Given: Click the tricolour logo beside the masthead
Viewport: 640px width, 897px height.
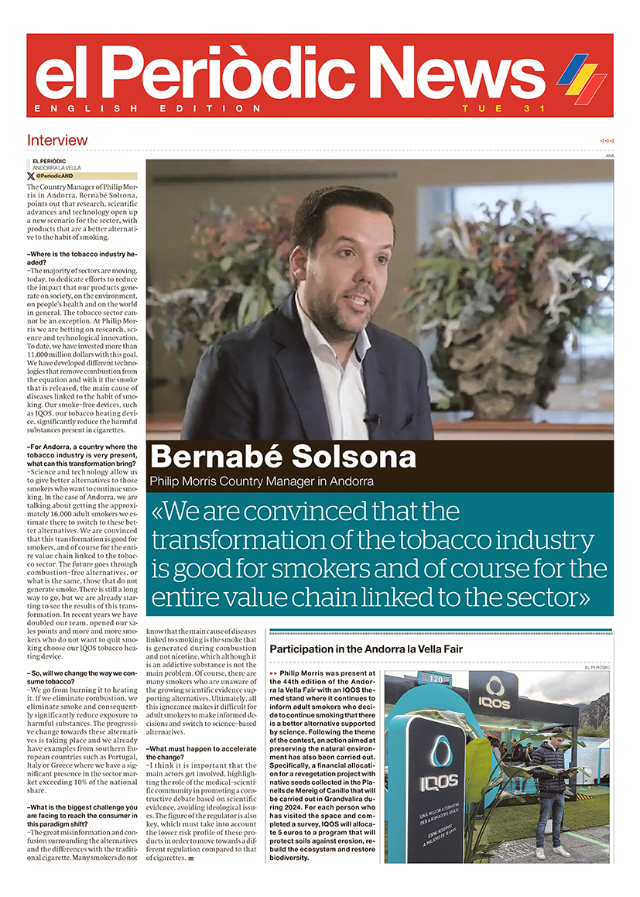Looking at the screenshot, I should [581, 78].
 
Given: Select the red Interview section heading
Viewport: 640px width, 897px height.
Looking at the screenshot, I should [57, 140].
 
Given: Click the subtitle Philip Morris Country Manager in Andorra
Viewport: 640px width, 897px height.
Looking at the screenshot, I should [262, 481].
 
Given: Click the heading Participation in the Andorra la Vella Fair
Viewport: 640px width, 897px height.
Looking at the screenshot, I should [366, 649].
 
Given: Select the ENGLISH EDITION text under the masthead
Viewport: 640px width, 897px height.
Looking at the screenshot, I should [148, 109].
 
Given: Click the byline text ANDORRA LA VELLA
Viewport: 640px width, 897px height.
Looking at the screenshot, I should [56, 168].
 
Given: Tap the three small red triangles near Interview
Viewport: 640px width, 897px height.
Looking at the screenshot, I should [606, 141].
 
